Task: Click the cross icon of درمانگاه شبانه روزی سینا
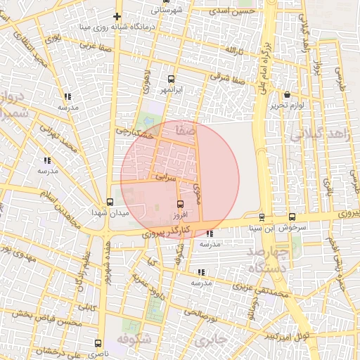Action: [117, 16]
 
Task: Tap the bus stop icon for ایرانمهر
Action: [172, 79]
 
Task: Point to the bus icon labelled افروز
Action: [181, 204]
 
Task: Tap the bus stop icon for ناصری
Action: [98, 344]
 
